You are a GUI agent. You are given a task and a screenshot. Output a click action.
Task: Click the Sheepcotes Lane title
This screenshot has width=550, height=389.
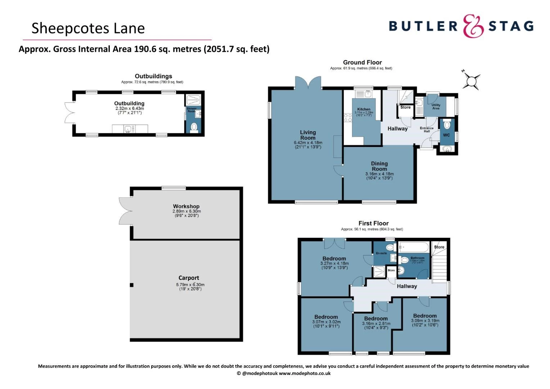pyautogui.click(x=88, y=28)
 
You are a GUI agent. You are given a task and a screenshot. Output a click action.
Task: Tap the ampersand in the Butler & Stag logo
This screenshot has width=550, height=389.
pyautogui.click(x=473, y=26)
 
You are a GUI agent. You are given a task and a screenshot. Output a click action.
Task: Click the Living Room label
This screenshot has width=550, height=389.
pyautogui.click(x=308, y=135)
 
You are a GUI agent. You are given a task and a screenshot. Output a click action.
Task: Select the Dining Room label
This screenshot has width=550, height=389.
pyautogui.click(x=379, y=166)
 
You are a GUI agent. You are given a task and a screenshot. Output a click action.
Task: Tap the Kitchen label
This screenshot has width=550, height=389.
pyautogui.click(x=364, y=109)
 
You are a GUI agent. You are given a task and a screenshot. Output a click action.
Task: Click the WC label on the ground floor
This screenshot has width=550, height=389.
pyautogui.click(x=446, y=135)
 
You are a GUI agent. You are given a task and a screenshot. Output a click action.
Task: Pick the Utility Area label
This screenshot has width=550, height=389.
pyautogui.click(x=436, y=107)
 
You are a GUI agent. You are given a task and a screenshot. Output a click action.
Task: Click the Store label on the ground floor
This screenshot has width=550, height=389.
pyautogui.click(x=405, y=107)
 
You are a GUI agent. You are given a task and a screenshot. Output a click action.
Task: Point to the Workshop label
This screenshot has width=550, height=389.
pyautogui.click(x=186, y=206)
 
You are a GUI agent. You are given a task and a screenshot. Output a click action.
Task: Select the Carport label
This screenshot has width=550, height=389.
pyautogui.click(x=189, y=278)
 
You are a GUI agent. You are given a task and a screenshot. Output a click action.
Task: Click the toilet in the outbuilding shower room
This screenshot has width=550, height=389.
pyautogui.click(x=194, y=127)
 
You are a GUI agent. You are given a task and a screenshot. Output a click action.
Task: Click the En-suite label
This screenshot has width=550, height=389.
pyautogui.click(x=381, y=253)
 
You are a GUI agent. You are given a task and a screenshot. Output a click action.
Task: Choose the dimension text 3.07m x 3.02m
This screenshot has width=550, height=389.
pyautogui.click(x=326, y=322)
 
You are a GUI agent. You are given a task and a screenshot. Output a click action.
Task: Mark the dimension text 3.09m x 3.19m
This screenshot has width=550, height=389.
pyautogui.click(x=425, y=321)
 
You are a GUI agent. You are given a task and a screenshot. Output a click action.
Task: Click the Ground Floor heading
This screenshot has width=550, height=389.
pyautogui.click(x=362, y=62)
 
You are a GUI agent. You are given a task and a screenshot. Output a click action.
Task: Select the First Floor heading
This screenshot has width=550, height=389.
pyautogui.click(x=373, y=223)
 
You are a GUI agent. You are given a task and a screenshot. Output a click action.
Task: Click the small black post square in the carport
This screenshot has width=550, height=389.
pyautogui.click(x=132, y=285)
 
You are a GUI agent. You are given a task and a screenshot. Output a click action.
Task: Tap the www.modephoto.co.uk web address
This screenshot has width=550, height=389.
pyautogui.click(x=305, y=374)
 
